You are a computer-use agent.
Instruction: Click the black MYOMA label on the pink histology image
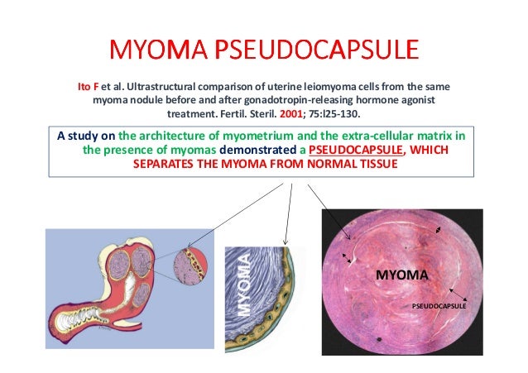point(401,274)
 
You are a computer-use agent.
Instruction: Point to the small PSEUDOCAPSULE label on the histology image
point(438,305)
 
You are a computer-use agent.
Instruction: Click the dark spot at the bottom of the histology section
point(378,341)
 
